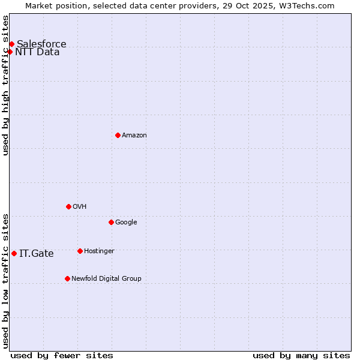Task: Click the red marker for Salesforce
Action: click(11, 44)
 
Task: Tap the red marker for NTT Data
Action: click(10, 52)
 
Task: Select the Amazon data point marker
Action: click(118, 135)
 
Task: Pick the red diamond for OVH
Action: click(68, 206)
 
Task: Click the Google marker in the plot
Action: click(111, 222)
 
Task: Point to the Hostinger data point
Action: click(80, 251)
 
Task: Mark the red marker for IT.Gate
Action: click(14, 253)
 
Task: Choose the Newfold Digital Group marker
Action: click(67, 278)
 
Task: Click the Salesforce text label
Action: click(41, 44)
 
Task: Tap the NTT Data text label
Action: click(37, 52)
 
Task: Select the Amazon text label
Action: click(134, 135)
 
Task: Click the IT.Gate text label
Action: click(37, 253)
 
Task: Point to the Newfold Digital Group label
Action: click(106, 278)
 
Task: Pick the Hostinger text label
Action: click(99, 251)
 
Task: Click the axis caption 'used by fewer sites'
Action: click(62, 355)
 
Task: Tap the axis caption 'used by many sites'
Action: click(301, 355)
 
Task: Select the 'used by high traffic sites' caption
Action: click(5, 85)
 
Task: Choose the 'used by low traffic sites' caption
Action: click(5, 280)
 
